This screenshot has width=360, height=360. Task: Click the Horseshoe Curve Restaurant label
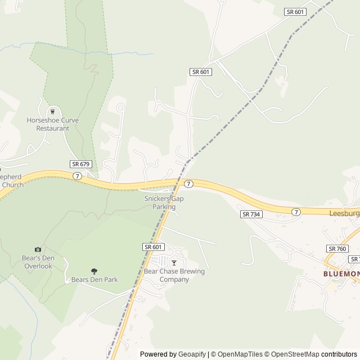click(53, 124)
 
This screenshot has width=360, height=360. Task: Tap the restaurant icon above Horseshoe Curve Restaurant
click(53, 111)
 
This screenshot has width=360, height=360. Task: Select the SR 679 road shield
click(80, 164)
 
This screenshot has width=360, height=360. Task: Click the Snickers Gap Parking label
click(164, 202)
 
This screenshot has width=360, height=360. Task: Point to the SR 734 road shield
click(251, 214)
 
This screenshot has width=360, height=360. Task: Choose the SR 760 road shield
click(337, 249)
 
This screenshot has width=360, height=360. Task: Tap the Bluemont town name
click(341, 273)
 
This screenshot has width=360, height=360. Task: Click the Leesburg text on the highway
click(344, 214)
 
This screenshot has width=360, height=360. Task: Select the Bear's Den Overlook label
click(38, 262)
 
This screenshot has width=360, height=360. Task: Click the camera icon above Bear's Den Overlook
click(38, 249)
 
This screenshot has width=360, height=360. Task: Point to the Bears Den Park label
click(94, 280)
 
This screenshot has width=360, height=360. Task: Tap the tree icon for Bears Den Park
click(94, 271)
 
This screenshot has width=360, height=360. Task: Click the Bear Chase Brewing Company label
click(174, 275)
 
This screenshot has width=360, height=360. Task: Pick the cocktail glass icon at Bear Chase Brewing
click(174, 263)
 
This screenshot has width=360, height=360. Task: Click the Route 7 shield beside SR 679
click(77, 175)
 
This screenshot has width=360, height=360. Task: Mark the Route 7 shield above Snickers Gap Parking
click(189, 184)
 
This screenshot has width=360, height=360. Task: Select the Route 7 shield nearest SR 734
click(296, 211)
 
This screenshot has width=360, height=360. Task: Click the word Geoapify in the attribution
click(192, 354)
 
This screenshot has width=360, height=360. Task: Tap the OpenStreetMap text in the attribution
click(292, 354)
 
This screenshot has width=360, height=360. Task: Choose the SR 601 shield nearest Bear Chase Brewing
click(153, 247)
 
